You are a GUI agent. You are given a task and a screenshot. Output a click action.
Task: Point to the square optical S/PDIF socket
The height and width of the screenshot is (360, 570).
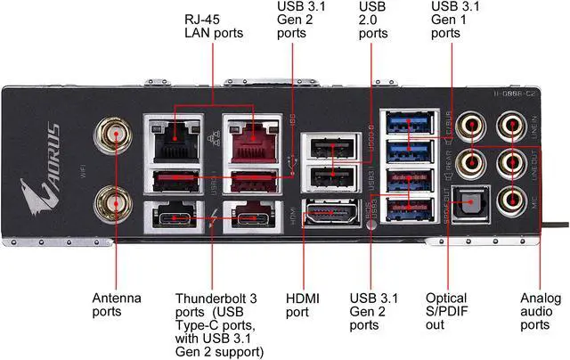pyautogui.click(x=465, y=205)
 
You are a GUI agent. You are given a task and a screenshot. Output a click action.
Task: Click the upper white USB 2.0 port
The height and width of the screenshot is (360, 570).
pyautogui.click(x=323, y=148)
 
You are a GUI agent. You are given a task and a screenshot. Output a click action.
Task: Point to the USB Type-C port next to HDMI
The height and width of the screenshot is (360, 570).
pyautogui.click(x=251, y=217)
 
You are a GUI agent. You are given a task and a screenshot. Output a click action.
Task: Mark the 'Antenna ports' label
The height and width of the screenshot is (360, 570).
pyautogui.click(x=118, y=305)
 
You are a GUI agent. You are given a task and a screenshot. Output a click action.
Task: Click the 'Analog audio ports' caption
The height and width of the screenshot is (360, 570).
pyautogui.click(x=541, y=312)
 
